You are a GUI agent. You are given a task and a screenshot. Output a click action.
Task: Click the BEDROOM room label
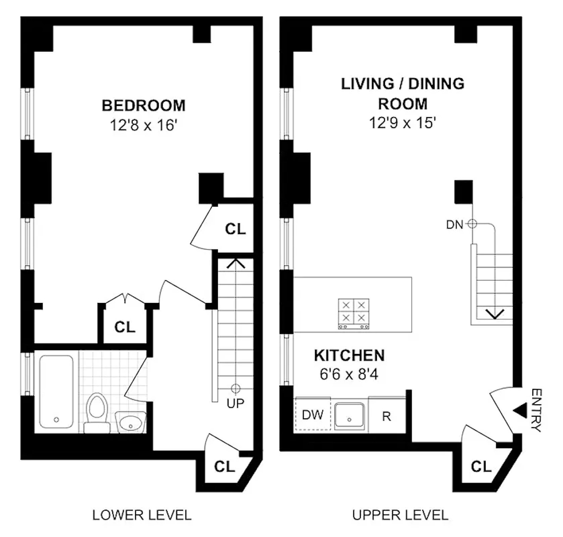(144, 106)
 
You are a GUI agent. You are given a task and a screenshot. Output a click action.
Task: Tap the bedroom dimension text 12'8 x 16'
(143, 125)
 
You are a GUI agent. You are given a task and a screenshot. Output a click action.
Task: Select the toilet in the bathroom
(97, 412)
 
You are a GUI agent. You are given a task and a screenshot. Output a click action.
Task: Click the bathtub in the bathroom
(56, 391)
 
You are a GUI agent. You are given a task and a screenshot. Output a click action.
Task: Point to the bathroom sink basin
(131, 422)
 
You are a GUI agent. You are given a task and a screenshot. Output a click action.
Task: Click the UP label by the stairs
(235, 404)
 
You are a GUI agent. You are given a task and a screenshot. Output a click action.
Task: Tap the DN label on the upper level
(455, 225)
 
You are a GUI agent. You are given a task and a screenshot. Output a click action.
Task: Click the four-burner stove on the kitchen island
(354, 314)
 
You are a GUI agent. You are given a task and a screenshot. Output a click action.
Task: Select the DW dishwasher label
(312, 415)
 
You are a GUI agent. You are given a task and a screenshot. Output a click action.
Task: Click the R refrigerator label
(386, 416)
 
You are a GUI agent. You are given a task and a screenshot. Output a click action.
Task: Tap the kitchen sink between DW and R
(349, 416)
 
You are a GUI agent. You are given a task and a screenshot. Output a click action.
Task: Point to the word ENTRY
(536, 410)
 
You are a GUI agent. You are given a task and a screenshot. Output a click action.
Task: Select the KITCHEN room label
(349, 355)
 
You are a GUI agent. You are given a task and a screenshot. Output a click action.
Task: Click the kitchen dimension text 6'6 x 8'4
(349, 374)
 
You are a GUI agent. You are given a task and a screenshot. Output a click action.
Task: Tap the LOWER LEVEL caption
(142, 515)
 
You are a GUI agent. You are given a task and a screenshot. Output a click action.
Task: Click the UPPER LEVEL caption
(400, 515)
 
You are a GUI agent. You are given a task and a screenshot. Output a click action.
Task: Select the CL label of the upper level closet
(481, 467)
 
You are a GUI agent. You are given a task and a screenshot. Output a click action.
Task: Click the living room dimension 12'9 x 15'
(403, 123)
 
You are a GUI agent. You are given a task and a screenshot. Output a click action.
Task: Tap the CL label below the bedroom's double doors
(125, 327)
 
